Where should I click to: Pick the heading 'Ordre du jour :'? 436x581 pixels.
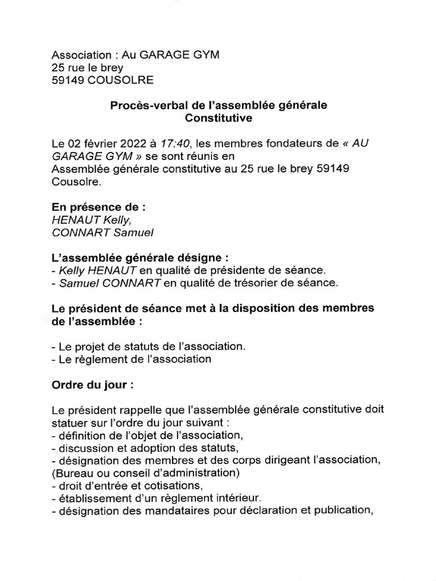pyautogui.click(x=93, y=384)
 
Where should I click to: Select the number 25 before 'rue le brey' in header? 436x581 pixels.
pyautogui.click(x=58, y=68)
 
